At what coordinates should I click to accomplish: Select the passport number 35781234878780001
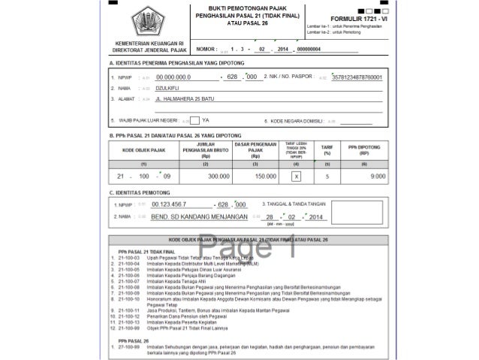[357, 77]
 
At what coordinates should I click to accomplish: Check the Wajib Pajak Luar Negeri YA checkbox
[194, 120]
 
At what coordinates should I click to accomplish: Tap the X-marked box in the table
[296, 176]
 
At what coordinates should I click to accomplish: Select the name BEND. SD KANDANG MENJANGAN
[198, 216]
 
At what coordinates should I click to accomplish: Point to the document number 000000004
[309, 49]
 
